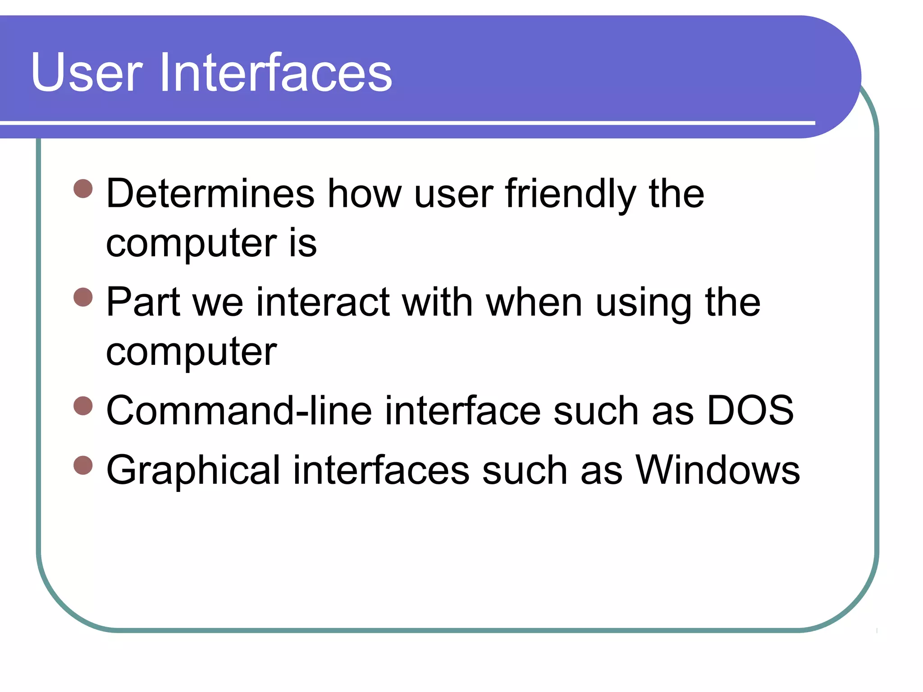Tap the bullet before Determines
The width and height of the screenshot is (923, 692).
pyautogui.click(x=83, y=189)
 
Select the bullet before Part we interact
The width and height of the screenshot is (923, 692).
pyautogui.click(x=83, y=297)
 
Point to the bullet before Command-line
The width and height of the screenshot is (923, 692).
pyautogui.click(x=83, y=405)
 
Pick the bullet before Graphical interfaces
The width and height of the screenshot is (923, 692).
pyautogui.click(x=83, y=465)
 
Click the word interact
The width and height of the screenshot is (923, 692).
pyautogui.click(x=323, y=302)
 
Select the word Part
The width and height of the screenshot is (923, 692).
pyautogui.click(x=143, y=302)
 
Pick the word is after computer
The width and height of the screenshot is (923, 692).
pyautogui.click(x=303, y=243)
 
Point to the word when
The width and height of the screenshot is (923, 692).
pyautogui.click(x=535, y=302)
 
